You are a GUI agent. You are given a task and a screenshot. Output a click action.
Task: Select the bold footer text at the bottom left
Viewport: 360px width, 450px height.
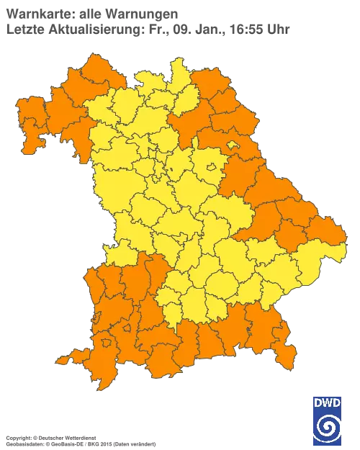(50, 437)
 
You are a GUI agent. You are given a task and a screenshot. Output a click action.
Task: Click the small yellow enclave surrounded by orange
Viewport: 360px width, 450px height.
(233, 148)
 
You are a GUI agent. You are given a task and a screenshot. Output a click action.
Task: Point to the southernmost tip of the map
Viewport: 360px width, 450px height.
(104, 386)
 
